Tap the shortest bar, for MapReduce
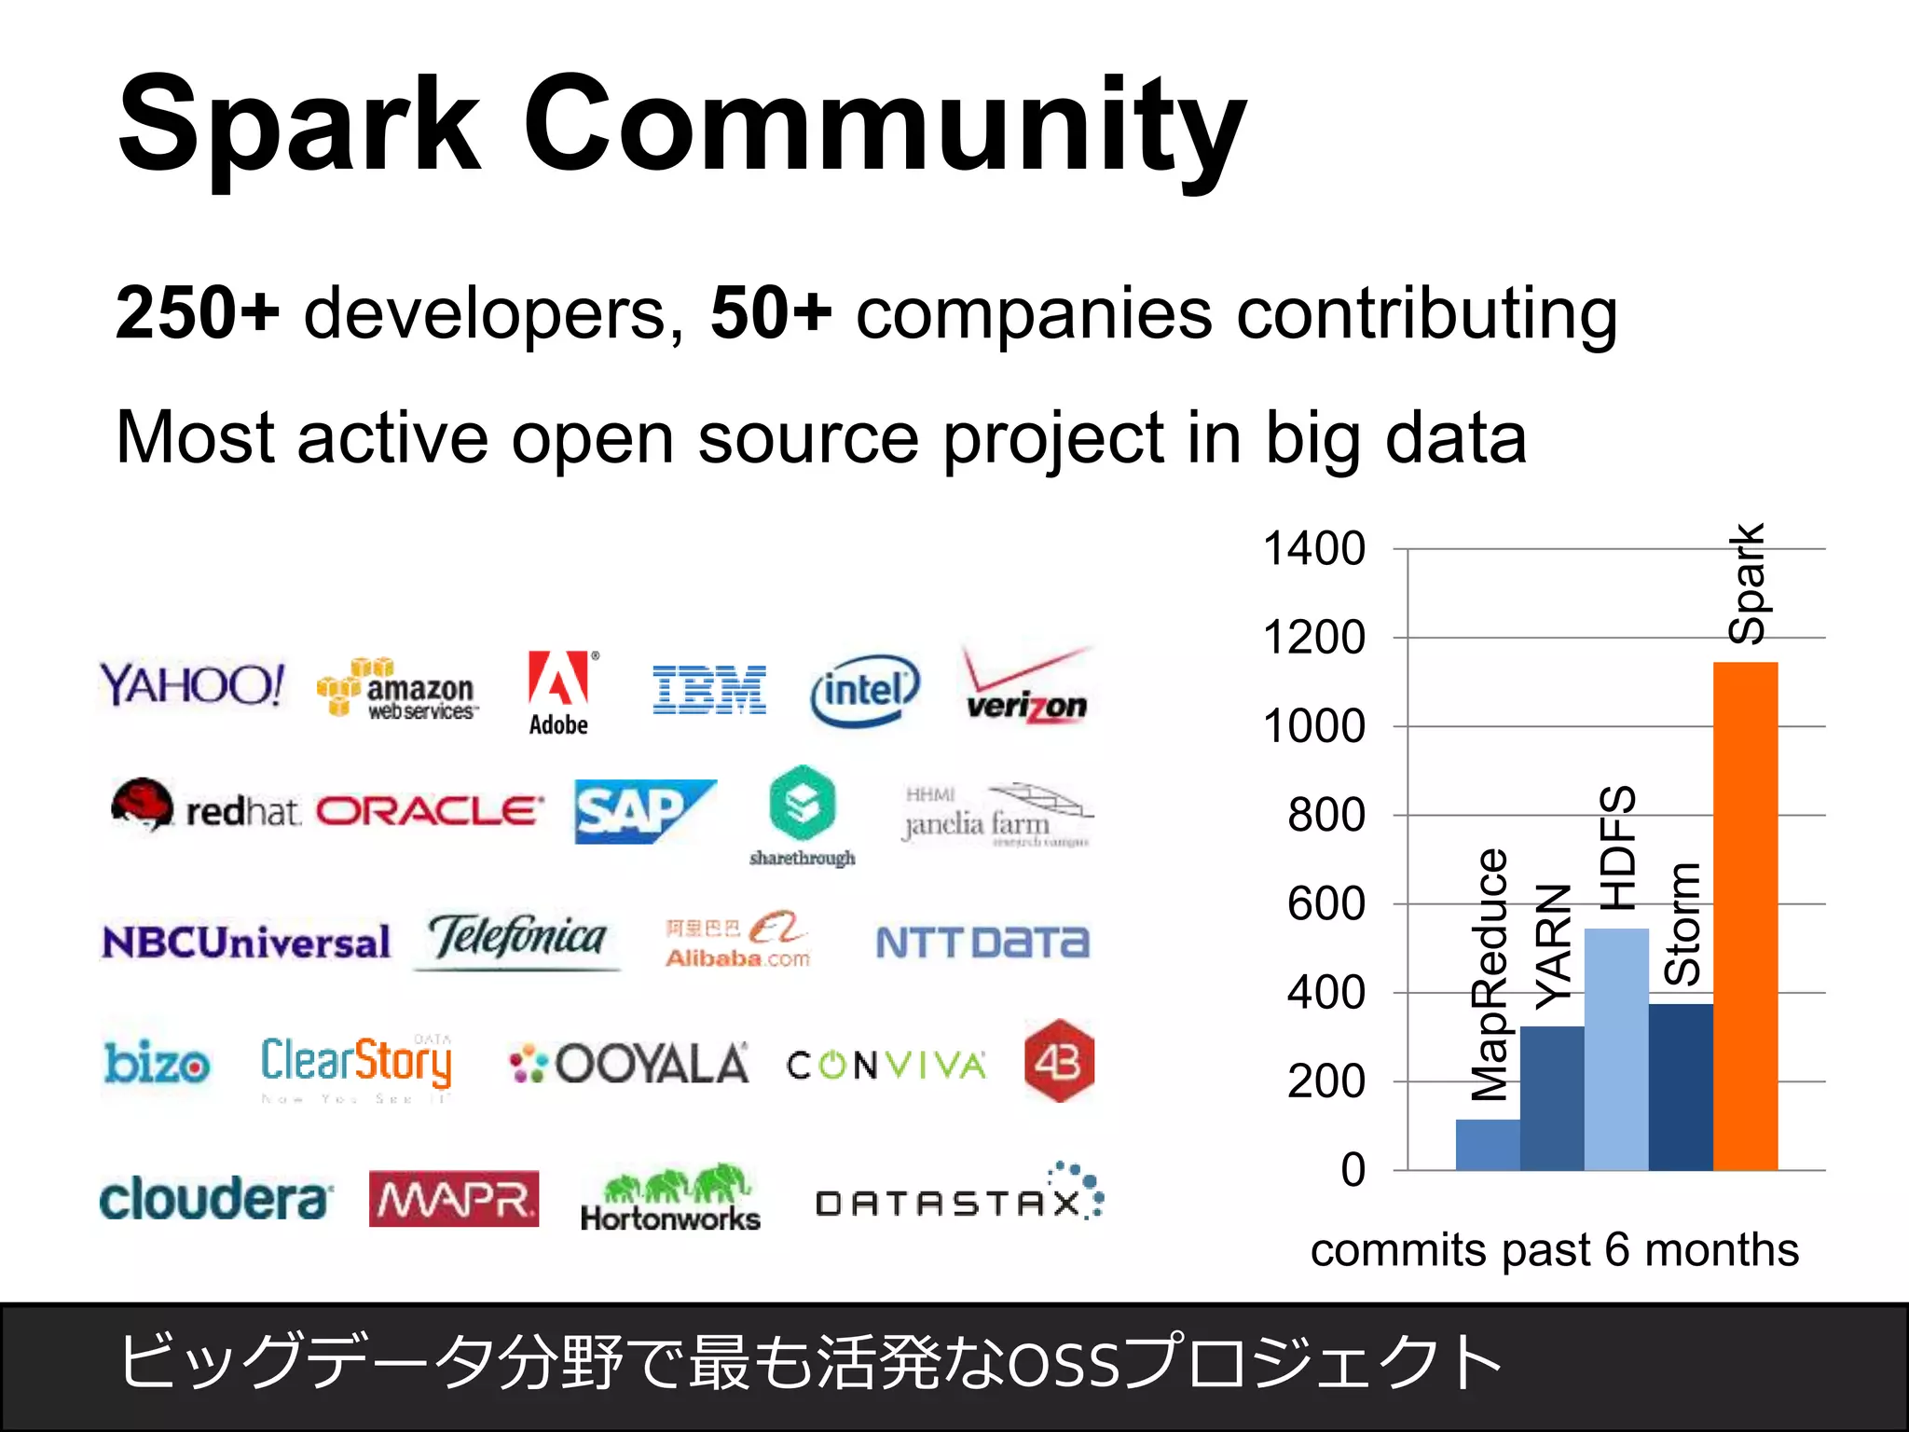pos(1488,1144)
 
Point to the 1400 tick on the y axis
pos(1313,549)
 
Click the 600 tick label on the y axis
pos(1325,904)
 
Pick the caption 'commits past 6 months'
pos(1554,1250)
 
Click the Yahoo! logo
pos(192,685)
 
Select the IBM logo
pos(708,690)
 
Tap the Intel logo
pos(865,691)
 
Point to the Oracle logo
pos(429,811)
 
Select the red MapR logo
pos(454,1199)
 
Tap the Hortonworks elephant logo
pos(670,1198)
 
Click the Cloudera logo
pos(214,1199)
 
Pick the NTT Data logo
pos(982,943)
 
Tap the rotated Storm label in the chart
pos(1682,924)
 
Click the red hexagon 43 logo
pos(1059,1062)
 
